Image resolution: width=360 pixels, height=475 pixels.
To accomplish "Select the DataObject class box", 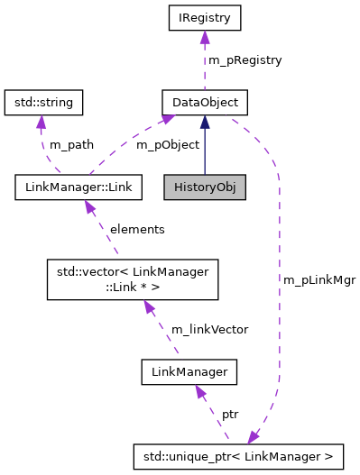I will (205, 102).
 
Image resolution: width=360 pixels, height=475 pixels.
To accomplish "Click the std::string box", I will (43, 102).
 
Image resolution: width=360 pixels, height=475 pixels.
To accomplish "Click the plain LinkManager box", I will (189, 370).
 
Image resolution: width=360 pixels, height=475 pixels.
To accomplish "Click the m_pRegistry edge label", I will (245, 60).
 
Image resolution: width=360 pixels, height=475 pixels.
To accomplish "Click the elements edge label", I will (136, 230).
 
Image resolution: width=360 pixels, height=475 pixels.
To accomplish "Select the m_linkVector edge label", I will (209, 330).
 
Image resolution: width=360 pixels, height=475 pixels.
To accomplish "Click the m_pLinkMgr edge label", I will (319, 280).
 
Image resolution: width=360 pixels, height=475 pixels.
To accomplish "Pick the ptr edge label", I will (230, 415).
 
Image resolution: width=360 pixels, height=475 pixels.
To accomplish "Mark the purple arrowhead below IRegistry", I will (205, 36).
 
